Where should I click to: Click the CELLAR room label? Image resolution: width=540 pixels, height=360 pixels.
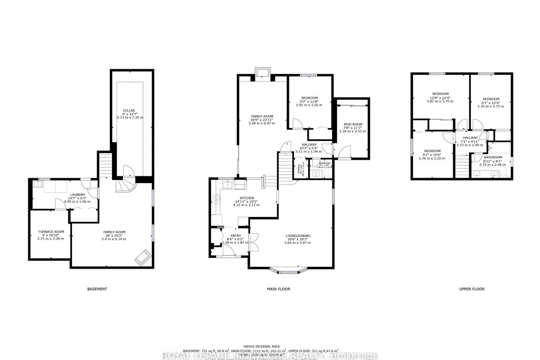(x=129, y=111)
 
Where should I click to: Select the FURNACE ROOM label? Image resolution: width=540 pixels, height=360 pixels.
(x=51, y=232)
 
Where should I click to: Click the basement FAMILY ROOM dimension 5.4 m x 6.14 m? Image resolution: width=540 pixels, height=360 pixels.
(x=114, y=238)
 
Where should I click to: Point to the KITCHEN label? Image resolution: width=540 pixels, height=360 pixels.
(x=247, y=198)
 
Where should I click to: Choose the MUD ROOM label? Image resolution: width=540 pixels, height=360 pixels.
(x=352, y=125)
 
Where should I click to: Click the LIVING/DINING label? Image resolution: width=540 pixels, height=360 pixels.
(x=298, y=236)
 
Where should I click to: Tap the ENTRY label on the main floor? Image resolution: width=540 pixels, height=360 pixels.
(x=236, y=236)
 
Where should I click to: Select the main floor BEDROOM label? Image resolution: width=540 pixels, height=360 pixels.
(x=310, y=98)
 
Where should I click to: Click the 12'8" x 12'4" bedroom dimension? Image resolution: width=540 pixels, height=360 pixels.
(x=441, y=98)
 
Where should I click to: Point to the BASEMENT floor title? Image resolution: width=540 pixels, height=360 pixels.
(x=97, y=289)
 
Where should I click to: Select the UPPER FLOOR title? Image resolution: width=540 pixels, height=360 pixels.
(x=472, y=289)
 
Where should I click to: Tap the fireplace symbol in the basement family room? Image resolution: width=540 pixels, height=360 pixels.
(x=143, y=257)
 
